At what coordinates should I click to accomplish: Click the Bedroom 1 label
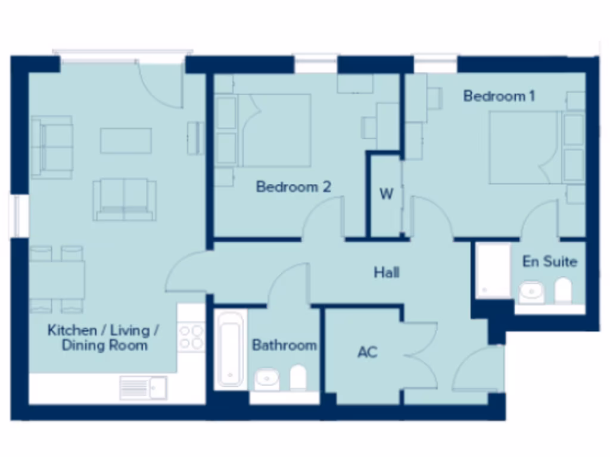tap(499, 96)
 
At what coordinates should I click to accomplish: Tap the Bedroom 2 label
tap(293, 187)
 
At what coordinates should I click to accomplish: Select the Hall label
tap(387, 273)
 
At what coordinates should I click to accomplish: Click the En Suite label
tap(550, 261)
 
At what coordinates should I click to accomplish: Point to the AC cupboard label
tap(368, 352)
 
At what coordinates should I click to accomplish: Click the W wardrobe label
tap(387, 195)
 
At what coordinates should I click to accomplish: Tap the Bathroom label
tap(284, 345)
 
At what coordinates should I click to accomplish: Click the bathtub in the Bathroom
tap(230, 348)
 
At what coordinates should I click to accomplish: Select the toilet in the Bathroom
tap(298, 378)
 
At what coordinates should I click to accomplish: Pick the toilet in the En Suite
tap(563, 291)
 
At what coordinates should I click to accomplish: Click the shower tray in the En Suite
tap(493, 270)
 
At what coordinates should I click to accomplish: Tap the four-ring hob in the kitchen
tap(191, 336)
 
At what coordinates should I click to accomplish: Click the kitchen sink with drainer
tap(144, 388)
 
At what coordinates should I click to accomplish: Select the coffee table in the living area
tap(126, 141)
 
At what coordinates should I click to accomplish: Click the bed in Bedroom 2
tap(274, 130)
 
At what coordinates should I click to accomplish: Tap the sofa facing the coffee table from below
tap(125, 199)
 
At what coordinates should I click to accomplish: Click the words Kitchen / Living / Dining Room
tap(104, 337)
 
